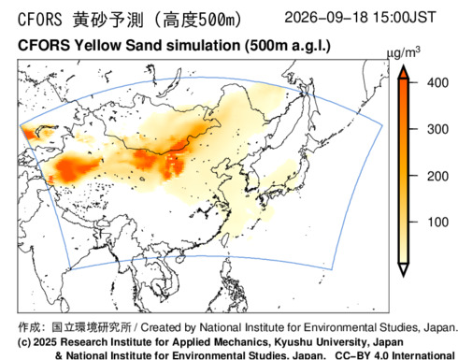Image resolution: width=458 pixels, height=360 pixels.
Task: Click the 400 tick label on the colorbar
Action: pyautogui.click(x=437, y=83)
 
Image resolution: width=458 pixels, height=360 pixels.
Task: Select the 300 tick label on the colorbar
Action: pyautogui.click(x=437, y=129)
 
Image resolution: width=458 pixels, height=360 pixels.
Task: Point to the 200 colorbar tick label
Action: pyautogui.click(x=437, y=176)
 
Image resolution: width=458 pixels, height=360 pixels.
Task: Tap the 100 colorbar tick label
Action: pyautogui.click(x=437, y=223)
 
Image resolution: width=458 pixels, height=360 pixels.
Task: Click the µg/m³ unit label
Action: pyautogui.click(x=403, y=52)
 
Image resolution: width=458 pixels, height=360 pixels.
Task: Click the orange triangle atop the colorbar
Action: pyautogui.click(x=404, y=71)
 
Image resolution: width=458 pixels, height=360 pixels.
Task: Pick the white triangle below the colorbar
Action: pyautogui.click(x=404, y=269)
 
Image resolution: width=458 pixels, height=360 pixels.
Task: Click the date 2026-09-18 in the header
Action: pyautogui.click(x=326, y=17)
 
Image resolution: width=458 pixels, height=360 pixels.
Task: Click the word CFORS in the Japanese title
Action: pyautogui.click(x=40, y=20)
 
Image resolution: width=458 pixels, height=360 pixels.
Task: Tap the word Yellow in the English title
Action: pyautogui.click(x=97, y=46)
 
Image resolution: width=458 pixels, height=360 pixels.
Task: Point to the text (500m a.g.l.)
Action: pyautogui.click(x=287, y=46)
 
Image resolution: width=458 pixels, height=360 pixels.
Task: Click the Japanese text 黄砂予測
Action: pyautogui.click(x=108, y=20)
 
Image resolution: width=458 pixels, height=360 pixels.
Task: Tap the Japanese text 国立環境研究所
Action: pyautogui.click(x=92, y=327)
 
